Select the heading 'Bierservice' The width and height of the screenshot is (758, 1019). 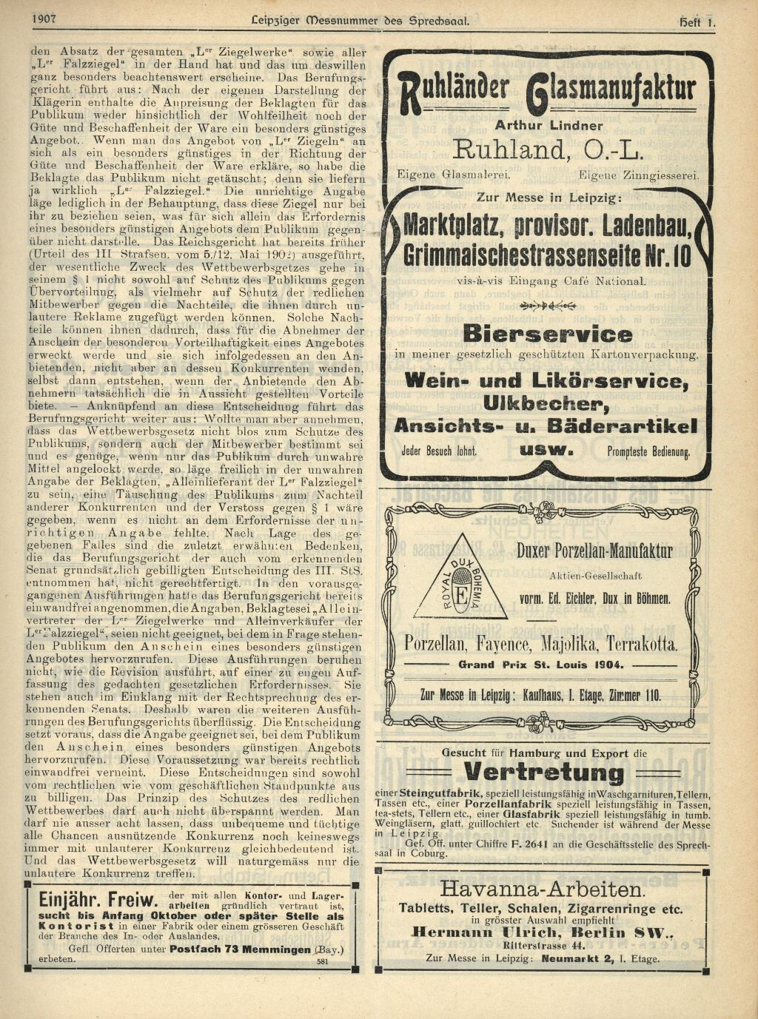[x=548, y=334]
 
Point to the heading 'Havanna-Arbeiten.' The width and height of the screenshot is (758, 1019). [x=542, y=889]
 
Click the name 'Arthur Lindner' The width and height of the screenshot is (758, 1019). [x=549, y=126]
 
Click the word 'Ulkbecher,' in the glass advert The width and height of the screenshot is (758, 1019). [x=547, y=404]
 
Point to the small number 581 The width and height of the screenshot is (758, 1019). [x=322, y=961]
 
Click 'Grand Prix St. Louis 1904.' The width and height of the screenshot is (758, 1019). [x=541, y=665]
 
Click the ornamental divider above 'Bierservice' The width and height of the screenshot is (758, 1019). [x=548, y=304]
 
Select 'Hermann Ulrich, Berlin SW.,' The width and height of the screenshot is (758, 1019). [x=543, y=932]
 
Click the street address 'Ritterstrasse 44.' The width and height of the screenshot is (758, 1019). [x=543, y=945]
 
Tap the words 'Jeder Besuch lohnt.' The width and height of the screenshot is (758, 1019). [x=439, y=451]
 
